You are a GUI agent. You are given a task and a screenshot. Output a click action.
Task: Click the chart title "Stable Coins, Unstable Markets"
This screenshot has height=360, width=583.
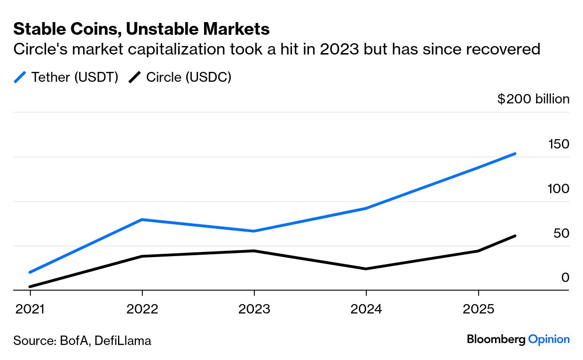coord(141,29)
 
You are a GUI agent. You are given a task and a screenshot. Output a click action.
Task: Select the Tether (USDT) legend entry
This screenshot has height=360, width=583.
coord(66,77)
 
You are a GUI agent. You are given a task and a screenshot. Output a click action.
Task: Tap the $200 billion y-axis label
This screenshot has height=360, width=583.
coord(533,99)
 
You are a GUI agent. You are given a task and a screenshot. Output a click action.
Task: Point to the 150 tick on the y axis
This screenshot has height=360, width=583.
coord(559,144)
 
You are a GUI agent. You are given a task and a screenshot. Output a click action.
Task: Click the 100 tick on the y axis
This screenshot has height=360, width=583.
coord(559,189)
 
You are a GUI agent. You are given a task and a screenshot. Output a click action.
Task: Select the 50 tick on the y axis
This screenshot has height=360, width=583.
coord(560,234)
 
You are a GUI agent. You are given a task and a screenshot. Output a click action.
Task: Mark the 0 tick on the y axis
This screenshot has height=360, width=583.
coord(565,278)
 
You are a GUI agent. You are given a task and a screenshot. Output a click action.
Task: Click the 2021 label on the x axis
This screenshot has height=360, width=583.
coord(30,309)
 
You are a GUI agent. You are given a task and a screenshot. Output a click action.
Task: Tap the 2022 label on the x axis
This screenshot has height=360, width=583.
coord(142,309)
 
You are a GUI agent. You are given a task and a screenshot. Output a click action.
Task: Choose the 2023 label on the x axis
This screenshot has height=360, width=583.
coord(254,309)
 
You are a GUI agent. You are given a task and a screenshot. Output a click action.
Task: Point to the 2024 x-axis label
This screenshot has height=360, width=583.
coord(366,309)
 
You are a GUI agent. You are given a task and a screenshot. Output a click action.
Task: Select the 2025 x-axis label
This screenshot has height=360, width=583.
coord(478,309)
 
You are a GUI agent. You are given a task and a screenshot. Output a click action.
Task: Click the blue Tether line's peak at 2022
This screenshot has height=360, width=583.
coord(142,219)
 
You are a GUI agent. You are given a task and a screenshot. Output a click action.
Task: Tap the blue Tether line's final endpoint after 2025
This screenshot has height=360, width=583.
coord(515,154)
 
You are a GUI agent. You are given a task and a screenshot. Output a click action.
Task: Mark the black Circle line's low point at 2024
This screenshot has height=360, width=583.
coord(366,269)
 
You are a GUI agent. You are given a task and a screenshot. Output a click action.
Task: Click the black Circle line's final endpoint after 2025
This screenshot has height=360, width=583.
coord(515,236)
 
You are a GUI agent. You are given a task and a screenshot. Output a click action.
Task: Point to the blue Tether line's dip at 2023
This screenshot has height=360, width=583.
coord(254,231)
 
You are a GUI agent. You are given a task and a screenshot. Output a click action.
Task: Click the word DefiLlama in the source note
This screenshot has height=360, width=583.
coord(123,340)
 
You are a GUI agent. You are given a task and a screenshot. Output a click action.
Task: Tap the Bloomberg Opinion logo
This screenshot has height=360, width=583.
coord(518,339)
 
